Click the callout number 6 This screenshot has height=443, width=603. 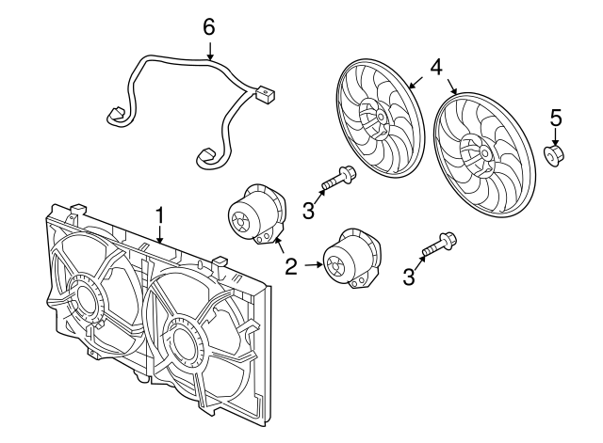point(209,27)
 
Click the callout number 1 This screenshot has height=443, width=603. point(159,215)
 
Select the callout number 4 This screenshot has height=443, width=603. point(435,68)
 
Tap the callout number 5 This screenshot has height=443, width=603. point(555,118)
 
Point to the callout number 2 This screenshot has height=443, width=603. point(291,266)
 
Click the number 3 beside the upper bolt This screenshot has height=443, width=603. point(308,211)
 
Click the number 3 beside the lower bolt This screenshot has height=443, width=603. point(409,277)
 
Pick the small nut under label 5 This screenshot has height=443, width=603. point(554,155)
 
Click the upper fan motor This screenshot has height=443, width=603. point(257,214)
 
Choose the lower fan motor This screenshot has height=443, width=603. point(352,257)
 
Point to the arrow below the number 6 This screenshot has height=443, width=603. point(210,52)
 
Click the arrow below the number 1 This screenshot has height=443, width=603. point(160,234)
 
